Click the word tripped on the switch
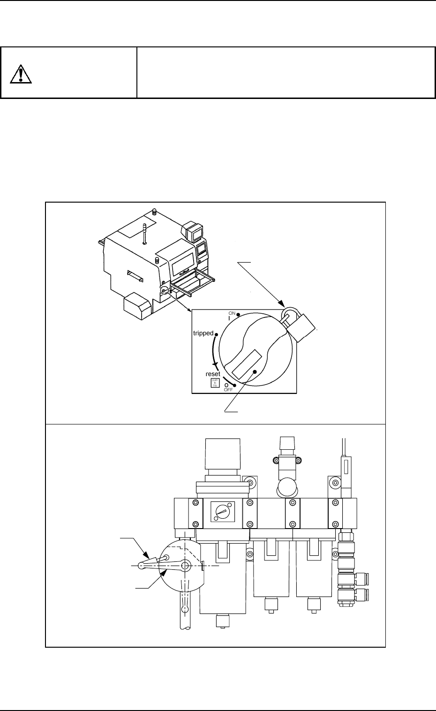[x=203, y=333]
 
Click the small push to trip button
[x=213, y=383]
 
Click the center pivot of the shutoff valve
[x=185, y=566]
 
